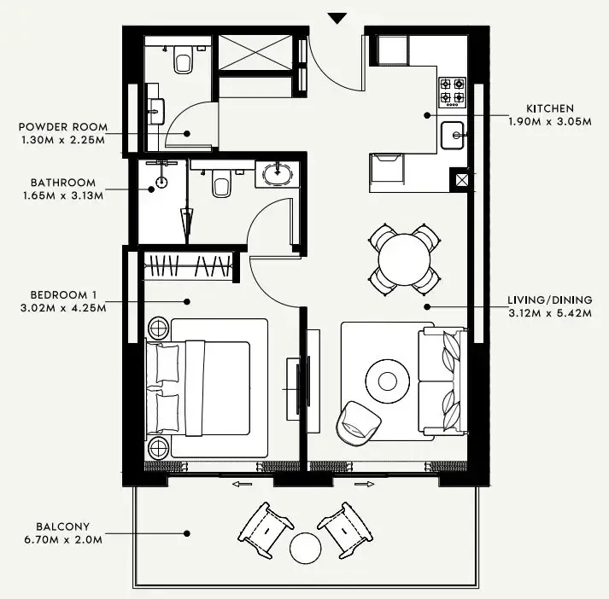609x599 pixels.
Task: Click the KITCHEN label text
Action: pyautogui.click(x=549, y=108)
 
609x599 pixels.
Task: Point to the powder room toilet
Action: pyautogui.click(x=182, y=60)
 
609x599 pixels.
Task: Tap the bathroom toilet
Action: pyautogui.click(x=221, y=183)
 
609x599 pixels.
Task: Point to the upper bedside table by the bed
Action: pyautogui.click(x=159, y=326)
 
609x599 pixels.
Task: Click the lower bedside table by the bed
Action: pyautogui.click(x=159, y=448)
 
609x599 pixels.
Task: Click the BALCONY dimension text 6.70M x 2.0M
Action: pyautogui.click(x=68, y=540)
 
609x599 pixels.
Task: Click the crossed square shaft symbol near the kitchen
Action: pyautogui.click(x=462, y=179)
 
